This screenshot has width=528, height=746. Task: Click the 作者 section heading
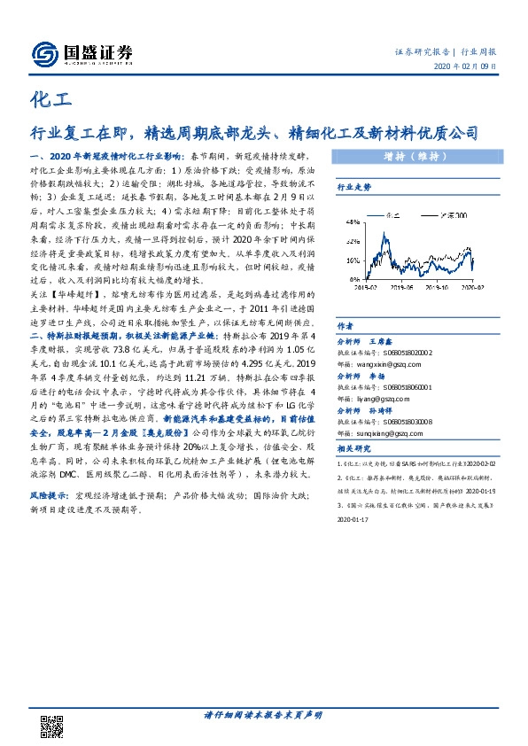345,325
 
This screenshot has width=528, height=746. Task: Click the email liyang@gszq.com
379,400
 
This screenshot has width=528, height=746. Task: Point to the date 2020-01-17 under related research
356,522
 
